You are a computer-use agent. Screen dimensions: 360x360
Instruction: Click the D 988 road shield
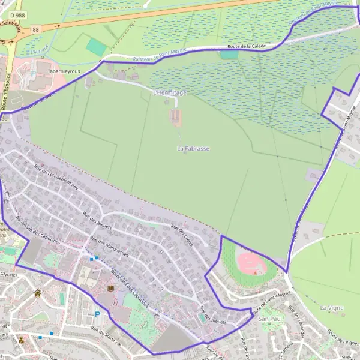[16, 14]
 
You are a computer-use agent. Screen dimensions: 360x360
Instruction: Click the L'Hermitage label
[170, 92]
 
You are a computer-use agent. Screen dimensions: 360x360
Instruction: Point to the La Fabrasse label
[193, 148]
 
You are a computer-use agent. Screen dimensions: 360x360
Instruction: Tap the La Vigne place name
[332, 307]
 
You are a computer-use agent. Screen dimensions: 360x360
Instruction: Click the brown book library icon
[110, 289]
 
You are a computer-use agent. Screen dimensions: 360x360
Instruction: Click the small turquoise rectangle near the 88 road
[96, 47]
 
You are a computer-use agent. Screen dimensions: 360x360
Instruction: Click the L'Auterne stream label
[40, 53]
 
